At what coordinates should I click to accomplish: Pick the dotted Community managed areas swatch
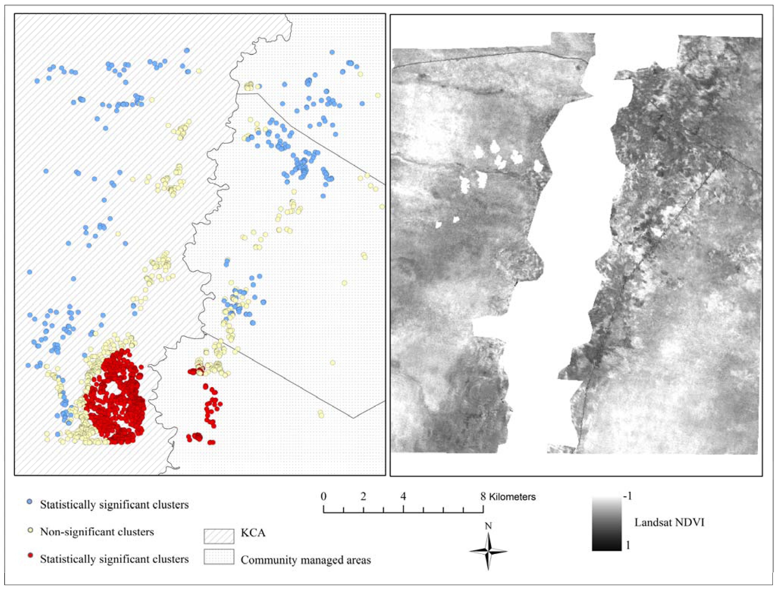[219, 557]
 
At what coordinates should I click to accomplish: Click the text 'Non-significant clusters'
[97, 532]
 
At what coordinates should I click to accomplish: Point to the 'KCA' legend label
[253, 533]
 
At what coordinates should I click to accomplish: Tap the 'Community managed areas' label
[306, 560]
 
